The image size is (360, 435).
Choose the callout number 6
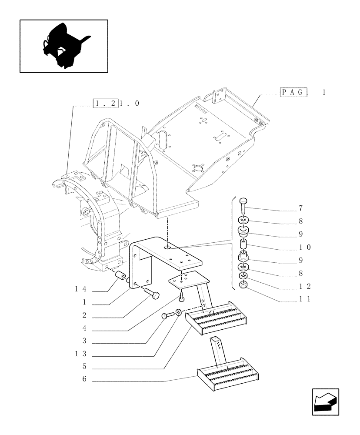coord(84,379)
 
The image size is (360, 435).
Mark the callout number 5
coord(84,367)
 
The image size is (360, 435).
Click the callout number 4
coord(84,328)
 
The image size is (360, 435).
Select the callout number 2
coord(84,315)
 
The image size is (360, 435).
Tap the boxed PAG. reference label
coord(295,92)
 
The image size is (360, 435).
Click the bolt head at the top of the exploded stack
coord(243,201)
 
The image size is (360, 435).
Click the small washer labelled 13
coord(179,312)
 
